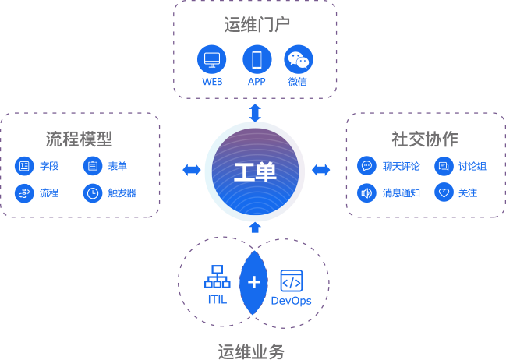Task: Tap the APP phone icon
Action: tap(257, 59)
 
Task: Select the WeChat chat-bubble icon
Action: tap(298, 59)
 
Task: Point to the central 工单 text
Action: tap(255, 171)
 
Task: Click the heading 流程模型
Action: tap(79, 139)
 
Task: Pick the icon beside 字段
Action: tap(24, 166)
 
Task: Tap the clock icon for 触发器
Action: tap(93, 192)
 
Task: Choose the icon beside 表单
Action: tap(93, 166)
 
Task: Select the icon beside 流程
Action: tap(24, 192)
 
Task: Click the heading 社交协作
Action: tap(425, 139)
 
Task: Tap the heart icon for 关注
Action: tap(444, 192)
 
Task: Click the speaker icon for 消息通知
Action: tap(366, 192)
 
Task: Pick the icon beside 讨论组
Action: tap(444, 166)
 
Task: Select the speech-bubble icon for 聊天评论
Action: tap(366, 166)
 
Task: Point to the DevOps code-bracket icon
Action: tap(291, 281)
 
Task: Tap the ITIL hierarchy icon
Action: tap(217, 278)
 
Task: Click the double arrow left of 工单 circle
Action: tap(191, 170)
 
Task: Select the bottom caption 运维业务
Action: tap(251, 351)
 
